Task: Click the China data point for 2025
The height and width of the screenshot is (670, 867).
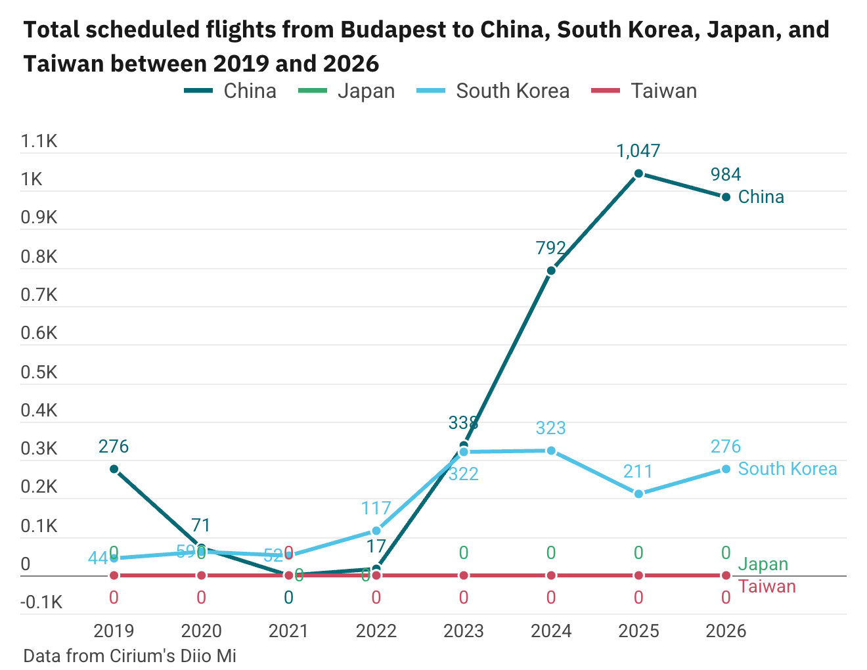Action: [x=638, y=173]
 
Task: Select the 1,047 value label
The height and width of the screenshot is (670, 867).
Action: [x=638, y=151]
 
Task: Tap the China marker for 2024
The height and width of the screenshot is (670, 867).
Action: [x=551, y=271]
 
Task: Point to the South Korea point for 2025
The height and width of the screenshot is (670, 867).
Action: [x=638, y=494]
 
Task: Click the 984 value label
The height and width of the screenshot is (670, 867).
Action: [x=726, y=175]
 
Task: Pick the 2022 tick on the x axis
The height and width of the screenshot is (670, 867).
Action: [x=376, y=631]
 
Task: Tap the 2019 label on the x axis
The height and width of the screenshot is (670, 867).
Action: [x=114, y=631]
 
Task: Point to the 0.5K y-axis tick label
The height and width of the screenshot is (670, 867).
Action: [x=39, y=372]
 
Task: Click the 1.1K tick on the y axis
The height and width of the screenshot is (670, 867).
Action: [x=39, y=141]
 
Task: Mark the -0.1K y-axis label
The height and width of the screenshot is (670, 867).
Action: [x=41, y=602]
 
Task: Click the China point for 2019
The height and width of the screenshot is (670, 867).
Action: [x=114, y=469]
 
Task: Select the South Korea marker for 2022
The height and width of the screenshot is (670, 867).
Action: [x=376, y=531]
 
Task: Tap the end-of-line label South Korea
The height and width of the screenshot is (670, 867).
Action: [x=788, y=469]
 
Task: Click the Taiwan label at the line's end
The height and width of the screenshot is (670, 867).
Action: [x=767, y=587]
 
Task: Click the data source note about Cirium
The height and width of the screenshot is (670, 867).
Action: [x=129, y=656]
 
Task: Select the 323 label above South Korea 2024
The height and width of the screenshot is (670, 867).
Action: [x=551, y=428]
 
